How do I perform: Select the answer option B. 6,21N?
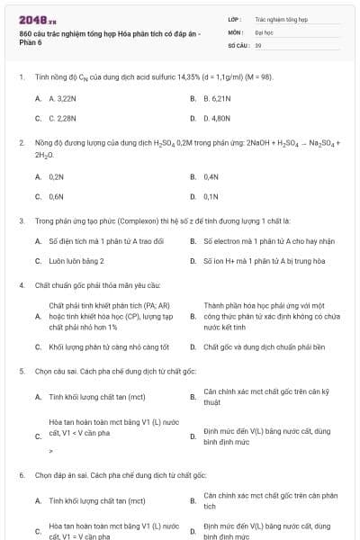click(x=219, y=97)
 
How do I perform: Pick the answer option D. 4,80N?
click(x=219, y=118)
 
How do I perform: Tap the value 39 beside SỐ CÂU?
click(x=258, y=44)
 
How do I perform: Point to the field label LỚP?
click(x=234, y=18)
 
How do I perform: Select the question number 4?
click(x=21, y=285)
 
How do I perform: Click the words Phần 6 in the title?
click(x=31, y=42)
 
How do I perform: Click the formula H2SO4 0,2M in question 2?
click(x=181, y=143)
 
